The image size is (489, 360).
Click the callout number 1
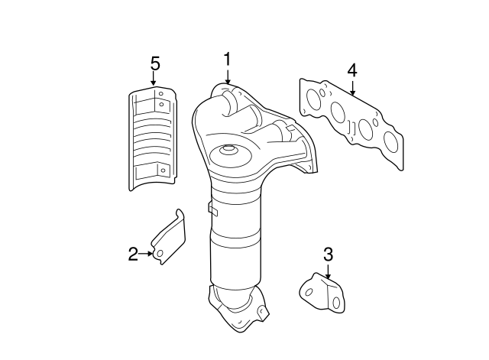coord(228,59)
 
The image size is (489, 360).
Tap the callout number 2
coord(133,254)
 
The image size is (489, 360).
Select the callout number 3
coord(328,255)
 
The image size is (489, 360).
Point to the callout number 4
coord(352,70)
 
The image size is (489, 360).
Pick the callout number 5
coord(155,63)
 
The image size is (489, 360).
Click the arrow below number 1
coord(228,76)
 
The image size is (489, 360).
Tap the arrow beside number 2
coord(146,254)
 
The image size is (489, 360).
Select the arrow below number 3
coord(328,271)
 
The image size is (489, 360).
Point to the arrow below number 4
coord(352,88)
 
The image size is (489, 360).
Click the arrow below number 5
coord(153,78)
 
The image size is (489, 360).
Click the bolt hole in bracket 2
coord(160,254)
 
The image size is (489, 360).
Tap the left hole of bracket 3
coord(309,292)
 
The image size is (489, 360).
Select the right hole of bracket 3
coord(336,302)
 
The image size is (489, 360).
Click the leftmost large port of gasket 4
coord(314,99)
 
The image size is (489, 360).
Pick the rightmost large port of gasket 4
coord(390,142)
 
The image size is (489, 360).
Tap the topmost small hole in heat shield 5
coord(161,93)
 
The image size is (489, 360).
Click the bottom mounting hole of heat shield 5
coord(163,170)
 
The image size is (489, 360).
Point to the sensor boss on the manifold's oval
coord(228,150)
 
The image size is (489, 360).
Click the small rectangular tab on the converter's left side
coord(212,209)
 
